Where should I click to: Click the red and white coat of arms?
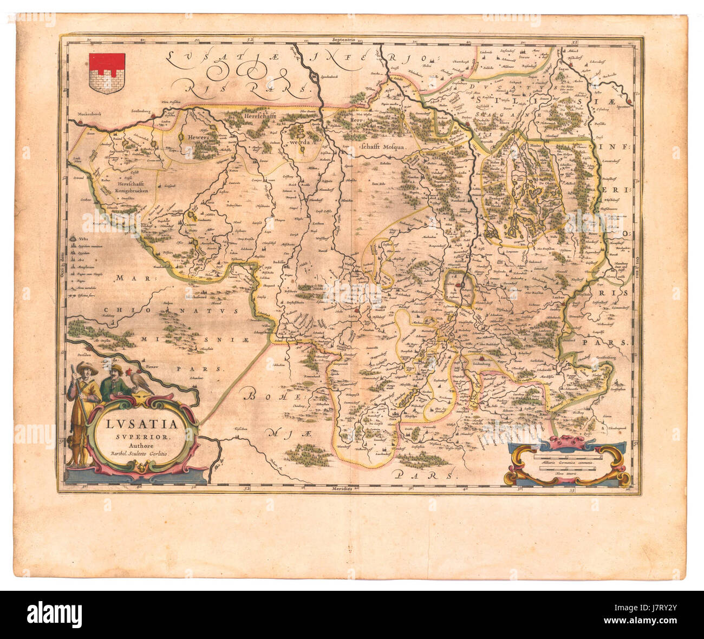coord(107,73)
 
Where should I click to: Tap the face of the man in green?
coord(116,372)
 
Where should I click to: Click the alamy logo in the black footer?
coord(55,614)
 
